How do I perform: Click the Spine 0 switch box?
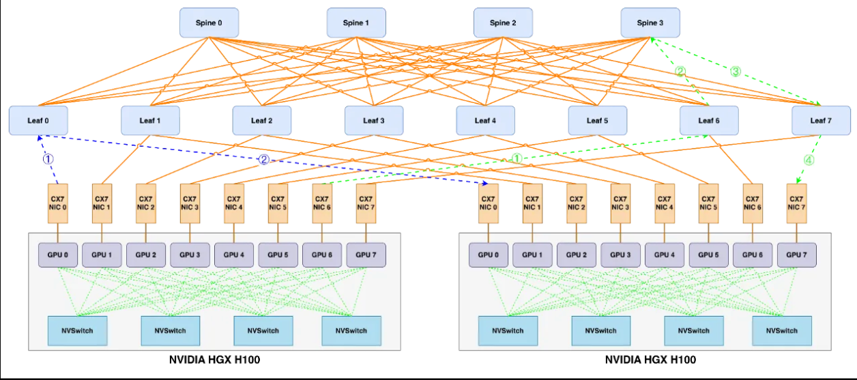(x=209, y=23)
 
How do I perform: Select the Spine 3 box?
(x=650, y=23)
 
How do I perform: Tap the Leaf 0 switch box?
(x=38, y=121)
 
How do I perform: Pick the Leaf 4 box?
(x=485, y=121)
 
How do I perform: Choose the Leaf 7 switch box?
(x=821, y=121)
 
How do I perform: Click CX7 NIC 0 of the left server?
(x=59, y=203)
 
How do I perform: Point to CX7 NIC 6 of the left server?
(x=322, y=203)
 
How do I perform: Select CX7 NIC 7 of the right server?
(x=796, y=203)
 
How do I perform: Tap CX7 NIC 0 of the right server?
(x=488, y=203)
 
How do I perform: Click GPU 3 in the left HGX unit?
(x=190, y=254)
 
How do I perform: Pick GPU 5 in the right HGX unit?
(x=708, y=254)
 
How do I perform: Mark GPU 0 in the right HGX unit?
(x=488, y=254)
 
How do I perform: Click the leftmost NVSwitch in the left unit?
(x=77, y=330)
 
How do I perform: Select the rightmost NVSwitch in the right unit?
(x=782, y=330)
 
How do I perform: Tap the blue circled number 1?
(x=48, y=158)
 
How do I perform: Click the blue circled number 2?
(x=263, y=160)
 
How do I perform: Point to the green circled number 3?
(x=736, y=71)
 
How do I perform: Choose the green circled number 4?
(x=809, y=161)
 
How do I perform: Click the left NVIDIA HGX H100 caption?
(x=214, y=360)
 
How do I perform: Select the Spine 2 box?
(x=503, y=23)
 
